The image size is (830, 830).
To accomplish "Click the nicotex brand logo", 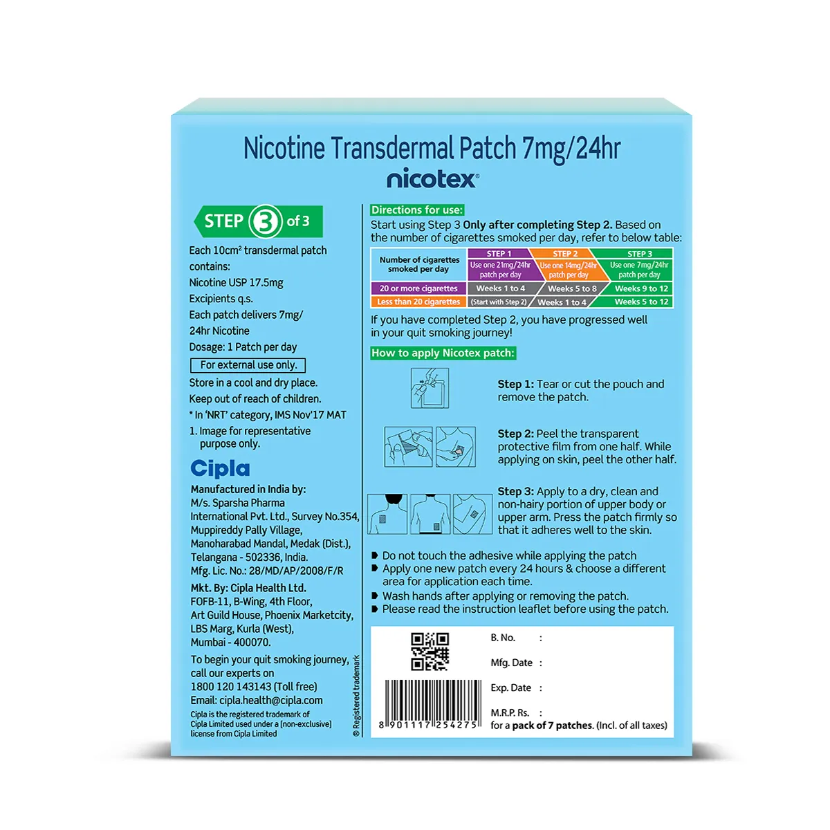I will tap(432, 179).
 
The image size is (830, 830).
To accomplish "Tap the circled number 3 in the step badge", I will tap(265, 221).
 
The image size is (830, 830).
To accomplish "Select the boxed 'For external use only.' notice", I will tap(248, 365).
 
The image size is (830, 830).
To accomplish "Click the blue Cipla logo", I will tap(220, 468).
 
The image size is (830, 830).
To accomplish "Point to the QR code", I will tap(430, 652).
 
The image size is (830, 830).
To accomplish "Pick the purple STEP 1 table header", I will tap(499, 254).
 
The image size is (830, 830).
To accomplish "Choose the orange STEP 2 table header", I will tap(565, 254).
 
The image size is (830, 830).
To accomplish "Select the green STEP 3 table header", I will tap(640, 254).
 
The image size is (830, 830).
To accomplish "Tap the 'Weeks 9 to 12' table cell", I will tap(641, 288).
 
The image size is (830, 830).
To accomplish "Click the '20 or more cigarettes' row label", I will tap(418, 288).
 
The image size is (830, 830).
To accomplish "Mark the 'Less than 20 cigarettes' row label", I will tap(418, 302).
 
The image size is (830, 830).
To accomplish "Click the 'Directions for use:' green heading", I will tap(417, 210).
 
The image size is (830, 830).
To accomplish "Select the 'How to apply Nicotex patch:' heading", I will tap(443, 353).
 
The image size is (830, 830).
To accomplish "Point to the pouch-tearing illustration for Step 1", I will tap(430, 388).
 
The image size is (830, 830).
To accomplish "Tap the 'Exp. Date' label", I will tap(510, 688).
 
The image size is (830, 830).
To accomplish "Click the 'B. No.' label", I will tap(503, 638).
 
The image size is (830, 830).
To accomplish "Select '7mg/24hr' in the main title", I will tap(571, 149).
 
